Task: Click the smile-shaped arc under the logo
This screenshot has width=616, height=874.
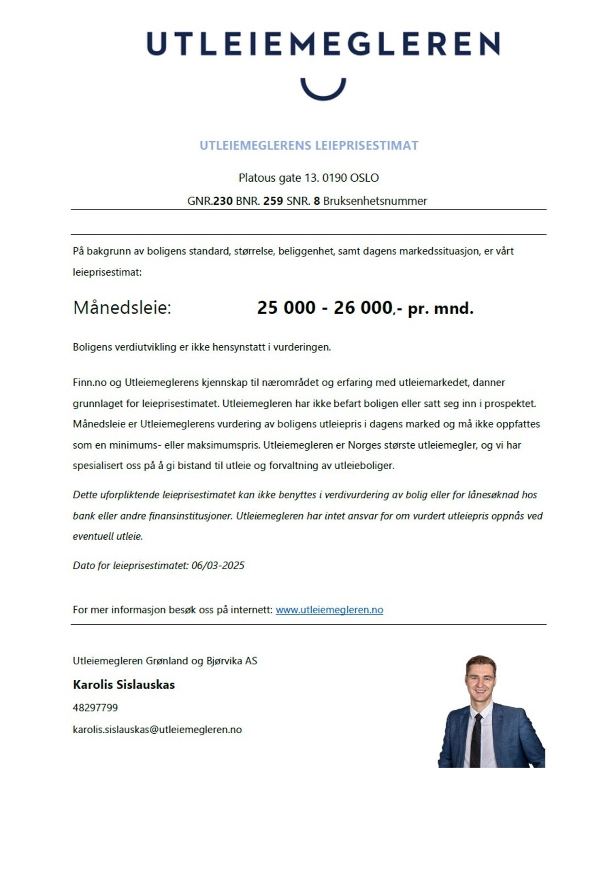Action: [x=323, y=91]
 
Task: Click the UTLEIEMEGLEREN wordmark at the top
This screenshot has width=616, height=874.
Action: [x=323, y=44]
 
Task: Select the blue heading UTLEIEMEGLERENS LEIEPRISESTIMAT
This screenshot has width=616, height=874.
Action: [x=309, y=145]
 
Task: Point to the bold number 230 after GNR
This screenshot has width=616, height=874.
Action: [x=223, y=201]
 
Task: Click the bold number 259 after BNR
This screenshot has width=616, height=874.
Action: [x=273, y=201]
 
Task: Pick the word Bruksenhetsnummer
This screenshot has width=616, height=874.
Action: [x=375, y=201]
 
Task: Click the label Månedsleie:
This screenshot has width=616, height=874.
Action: [x=122, y=307]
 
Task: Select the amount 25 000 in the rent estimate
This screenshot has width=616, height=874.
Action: [x=286, y=307]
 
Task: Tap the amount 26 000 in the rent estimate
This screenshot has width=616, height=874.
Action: [x=363, y=307]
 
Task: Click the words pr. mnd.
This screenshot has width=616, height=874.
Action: [x=440, y=308]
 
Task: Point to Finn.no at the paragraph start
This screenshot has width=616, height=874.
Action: [x=89, y=382]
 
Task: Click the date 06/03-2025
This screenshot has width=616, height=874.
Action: [x=217, y=565]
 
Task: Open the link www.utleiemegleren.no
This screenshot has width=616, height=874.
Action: [x=329, y=609]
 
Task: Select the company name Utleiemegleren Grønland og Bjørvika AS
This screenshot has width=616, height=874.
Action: [x=165, y=660]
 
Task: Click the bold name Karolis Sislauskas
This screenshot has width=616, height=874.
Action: [x=124, y=685]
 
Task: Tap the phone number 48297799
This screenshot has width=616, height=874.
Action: [x=95, y=707]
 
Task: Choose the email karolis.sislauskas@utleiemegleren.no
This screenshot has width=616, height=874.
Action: [x=157, y=729]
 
